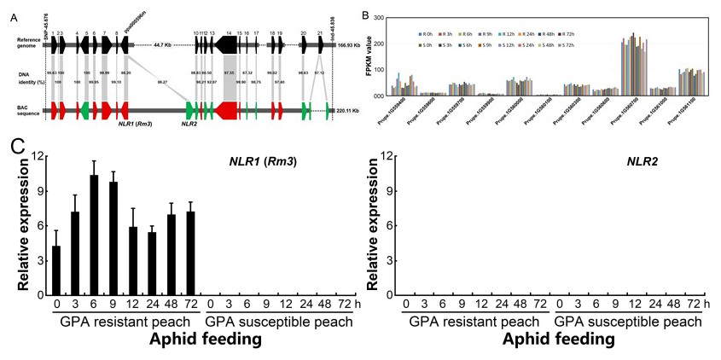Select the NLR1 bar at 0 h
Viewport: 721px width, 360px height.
(56, 270)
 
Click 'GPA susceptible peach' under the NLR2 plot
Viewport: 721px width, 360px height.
(628, 322)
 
